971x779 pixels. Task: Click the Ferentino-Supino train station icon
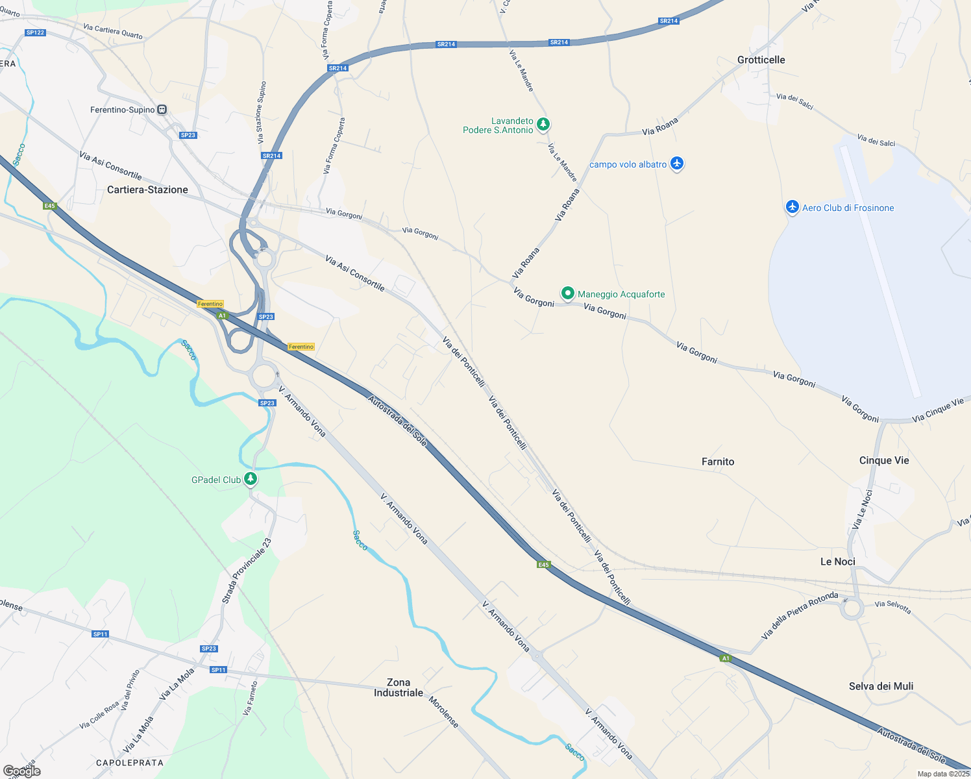[x=162, y=110]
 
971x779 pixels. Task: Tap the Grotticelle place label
[x=761, y=60]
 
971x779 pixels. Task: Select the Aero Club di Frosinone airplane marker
[x=792, y=207]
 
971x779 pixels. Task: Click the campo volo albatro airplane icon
[x=677, y=163]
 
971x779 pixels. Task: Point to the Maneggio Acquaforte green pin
[x=568, y=293]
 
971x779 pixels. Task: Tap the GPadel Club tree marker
[x=251, y=479]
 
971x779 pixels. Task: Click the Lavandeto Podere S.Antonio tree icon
[x=543, y=123]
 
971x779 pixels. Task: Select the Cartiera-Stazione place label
[x=147, y=190]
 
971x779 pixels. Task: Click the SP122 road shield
[x=35, y=32]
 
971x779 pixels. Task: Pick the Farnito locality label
[x=718, y=462]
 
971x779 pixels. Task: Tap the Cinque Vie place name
[x=884, y=460]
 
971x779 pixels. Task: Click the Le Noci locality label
[x=837, y=562]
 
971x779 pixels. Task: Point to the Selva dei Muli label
[x=881, y=686]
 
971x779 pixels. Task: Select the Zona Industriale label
[x=399, y=687]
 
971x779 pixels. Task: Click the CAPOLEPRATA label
[x=130, y=762]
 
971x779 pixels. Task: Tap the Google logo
[x=22, y=771]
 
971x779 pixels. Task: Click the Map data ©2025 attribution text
[x=943, y=774]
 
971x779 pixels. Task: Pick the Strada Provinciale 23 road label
[x=247, y=571]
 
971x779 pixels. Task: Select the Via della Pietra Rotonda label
[x=800, y=615]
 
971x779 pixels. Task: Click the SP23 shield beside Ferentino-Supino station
[x=188, y=135]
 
